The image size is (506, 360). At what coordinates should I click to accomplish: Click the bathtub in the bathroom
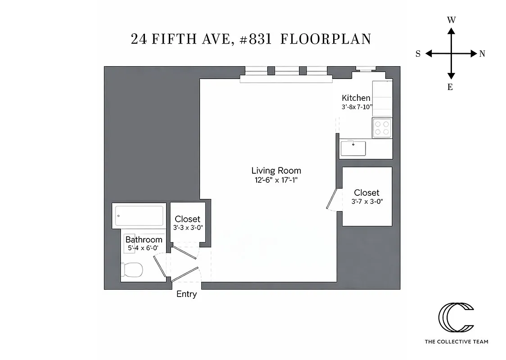tap(139, 216)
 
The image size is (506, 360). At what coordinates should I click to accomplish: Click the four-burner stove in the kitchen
tap(382, 128)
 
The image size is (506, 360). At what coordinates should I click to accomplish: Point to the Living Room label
tap(276, 171)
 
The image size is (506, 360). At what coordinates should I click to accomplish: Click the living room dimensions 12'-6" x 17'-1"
tap(276, 180)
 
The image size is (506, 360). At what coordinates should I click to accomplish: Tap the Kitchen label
tap(356, 98)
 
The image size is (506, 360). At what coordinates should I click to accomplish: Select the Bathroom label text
tap(144, 239)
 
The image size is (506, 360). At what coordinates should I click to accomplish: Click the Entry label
tap(186, 294)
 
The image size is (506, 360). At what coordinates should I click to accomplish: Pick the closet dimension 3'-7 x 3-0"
tap(367, 202)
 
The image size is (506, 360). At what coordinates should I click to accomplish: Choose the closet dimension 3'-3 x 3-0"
tap(188, 228)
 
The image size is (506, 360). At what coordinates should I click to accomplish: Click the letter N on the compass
tap(482, 54)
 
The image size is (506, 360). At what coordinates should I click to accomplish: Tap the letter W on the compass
tap(451, 20)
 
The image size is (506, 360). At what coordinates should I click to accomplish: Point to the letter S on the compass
tap(418, 54)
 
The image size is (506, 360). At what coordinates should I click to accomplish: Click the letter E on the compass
tap(450, 87)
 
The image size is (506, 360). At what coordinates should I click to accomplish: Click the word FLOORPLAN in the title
tap(325, 39)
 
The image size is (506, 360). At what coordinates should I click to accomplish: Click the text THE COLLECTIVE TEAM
tap(456, 342)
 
